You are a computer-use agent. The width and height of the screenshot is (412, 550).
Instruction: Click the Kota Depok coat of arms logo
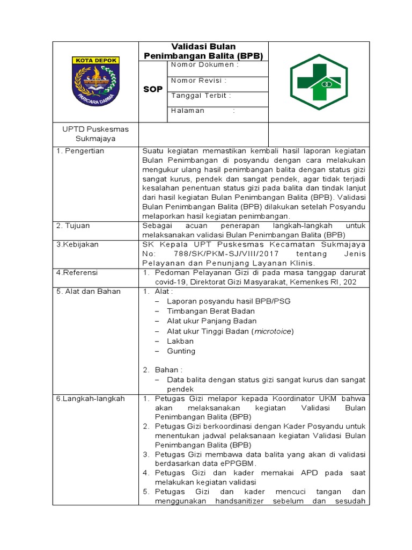[x=95, y=81]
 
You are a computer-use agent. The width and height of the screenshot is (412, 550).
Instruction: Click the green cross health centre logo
[x=319, y=82]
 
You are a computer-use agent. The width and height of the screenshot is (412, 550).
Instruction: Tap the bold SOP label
[x=153, y=89]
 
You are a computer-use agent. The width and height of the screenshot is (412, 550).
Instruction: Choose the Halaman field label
[x=188, y=111]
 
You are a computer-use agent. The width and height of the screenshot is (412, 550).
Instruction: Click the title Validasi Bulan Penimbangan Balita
[x=203, y=51]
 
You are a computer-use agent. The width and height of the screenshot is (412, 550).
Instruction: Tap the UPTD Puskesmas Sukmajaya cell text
[x=92, y=134]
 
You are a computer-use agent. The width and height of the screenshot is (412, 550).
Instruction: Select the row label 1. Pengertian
[x=80, y=151]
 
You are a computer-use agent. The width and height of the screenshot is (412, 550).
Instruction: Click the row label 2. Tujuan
[x=73, y=226]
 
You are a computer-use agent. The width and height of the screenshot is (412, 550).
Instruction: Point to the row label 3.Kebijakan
[x=78, y=244]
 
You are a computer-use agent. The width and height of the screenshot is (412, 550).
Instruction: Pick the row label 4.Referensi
[x=77, y=273]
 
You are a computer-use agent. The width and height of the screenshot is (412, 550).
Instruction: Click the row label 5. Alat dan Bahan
[x=89, y=292]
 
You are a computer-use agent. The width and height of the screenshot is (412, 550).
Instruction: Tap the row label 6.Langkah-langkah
[x=91, y=399]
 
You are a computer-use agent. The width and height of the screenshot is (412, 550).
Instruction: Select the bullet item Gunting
[x=181, y=351]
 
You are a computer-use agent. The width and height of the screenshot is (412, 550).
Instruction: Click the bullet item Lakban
[x=180, y=341]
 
